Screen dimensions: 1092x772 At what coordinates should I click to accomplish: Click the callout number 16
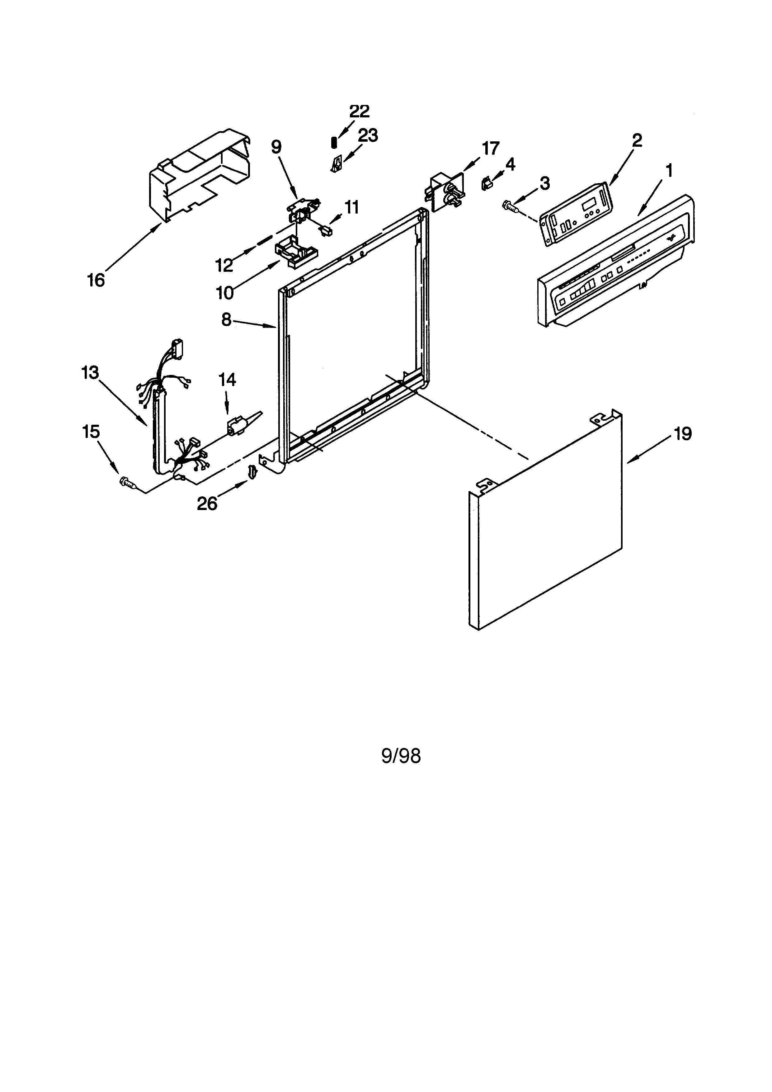96,280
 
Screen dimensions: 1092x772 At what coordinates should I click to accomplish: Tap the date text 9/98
401,756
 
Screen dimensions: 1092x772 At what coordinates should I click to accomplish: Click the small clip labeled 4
486,183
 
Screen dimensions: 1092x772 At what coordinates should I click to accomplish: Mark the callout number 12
224,265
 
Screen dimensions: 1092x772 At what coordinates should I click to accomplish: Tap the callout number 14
227,380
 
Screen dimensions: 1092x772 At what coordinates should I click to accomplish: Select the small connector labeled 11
326,232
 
